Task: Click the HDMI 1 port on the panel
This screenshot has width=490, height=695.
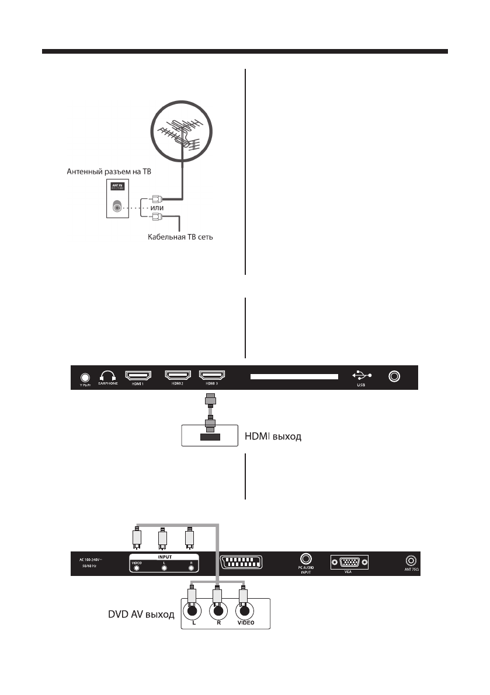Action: coord(138,375)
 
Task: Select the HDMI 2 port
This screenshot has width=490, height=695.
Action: coord(179,375)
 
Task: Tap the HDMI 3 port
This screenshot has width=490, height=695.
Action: coord(213,375)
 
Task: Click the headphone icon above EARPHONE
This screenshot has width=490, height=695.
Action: coord(108,376)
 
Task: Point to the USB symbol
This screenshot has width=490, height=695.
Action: coord(362,375)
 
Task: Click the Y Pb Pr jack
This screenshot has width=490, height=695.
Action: coord(85,377)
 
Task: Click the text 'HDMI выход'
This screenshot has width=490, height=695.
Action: coord(273,436)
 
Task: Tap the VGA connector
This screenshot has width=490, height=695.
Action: coord(349,563)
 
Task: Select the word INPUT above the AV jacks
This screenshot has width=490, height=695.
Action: coord(165,557)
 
